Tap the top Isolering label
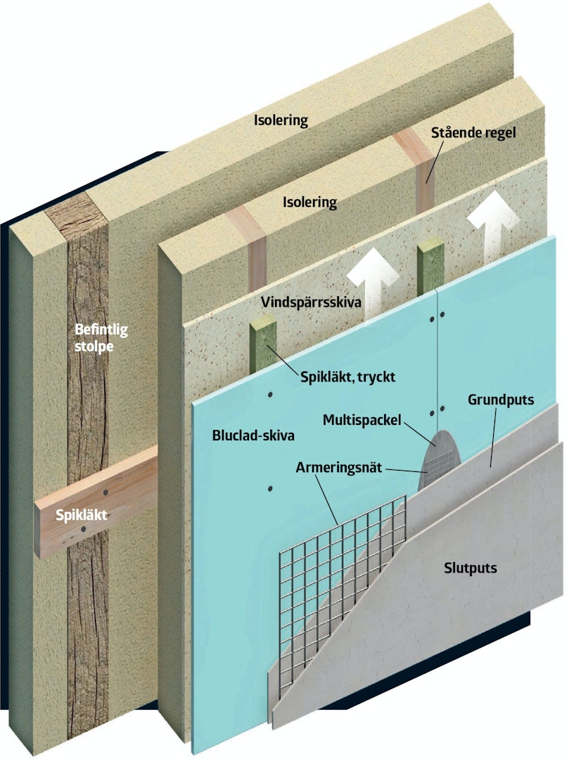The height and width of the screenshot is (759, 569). pos(281,120)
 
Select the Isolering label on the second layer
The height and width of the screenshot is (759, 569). pos(309,203)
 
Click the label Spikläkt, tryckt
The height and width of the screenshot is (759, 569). pos(347,376)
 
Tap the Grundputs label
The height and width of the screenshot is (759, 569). pos(501,400)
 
